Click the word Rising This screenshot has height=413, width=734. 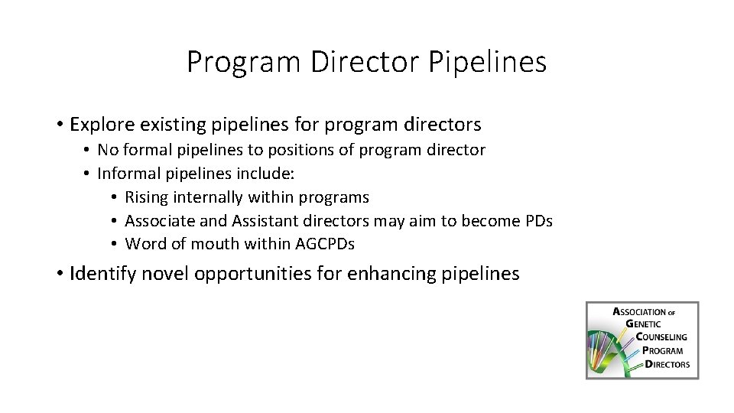tap(147, 197)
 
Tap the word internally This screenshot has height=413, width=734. tap(208, 197)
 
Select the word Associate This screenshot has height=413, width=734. tap(158, 221)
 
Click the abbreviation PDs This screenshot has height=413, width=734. tap(538, 221)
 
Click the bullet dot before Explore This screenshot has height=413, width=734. tap(59, 124)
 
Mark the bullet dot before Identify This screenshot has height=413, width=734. tap(59, 274)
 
